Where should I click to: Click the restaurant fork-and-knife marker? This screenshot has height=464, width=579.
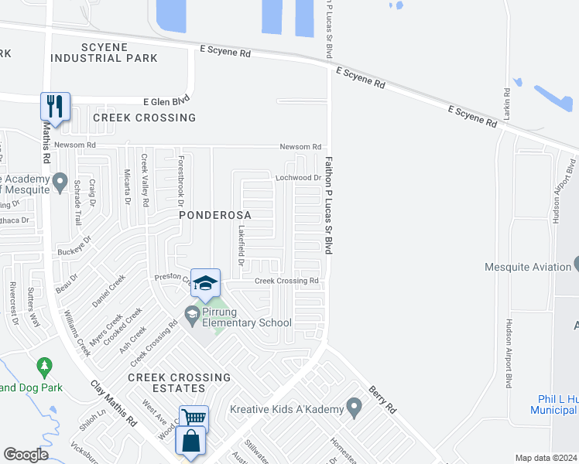tap(55, 106)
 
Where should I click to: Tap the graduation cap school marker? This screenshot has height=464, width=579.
tap(206, 283)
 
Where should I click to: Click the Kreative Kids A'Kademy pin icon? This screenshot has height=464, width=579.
tap(354, 405)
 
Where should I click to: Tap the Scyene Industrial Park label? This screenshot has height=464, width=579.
tap(104, 52)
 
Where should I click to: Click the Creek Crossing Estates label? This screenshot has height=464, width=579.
tap(179, 383)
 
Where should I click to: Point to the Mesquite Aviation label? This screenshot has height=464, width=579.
tap(527, 267)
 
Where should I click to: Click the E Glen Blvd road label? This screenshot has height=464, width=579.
tap(166, 101)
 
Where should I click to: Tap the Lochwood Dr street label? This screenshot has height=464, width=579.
tap(298, 178)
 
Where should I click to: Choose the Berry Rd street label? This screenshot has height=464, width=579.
tap(382, 400)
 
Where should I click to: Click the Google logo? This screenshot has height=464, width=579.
tap(26, 454)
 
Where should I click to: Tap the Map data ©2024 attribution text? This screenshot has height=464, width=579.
tap(545, 458)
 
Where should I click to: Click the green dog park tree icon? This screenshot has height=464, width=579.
tap(44, 364)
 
